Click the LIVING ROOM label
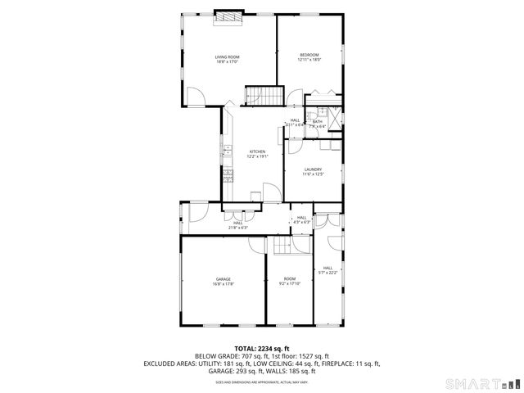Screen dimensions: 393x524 227,56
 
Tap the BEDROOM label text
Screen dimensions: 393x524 309,55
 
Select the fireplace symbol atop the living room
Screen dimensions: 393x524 228,17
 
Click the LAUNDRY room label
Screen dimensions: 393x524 314,169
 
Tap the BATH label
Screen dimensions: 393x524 318,122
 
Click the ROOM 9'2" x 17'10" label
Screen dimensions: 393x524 290,281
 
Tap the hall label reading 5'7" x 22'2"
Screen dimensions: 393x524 328,270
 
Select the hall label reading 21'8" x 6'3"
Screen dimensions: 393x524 237,225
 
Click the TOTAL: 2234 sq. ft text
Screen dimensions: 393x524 261,348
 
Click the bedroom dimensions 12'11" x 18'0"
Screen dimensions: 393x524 309,60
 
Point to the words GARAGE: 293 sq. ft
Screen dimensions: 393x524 232,370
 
